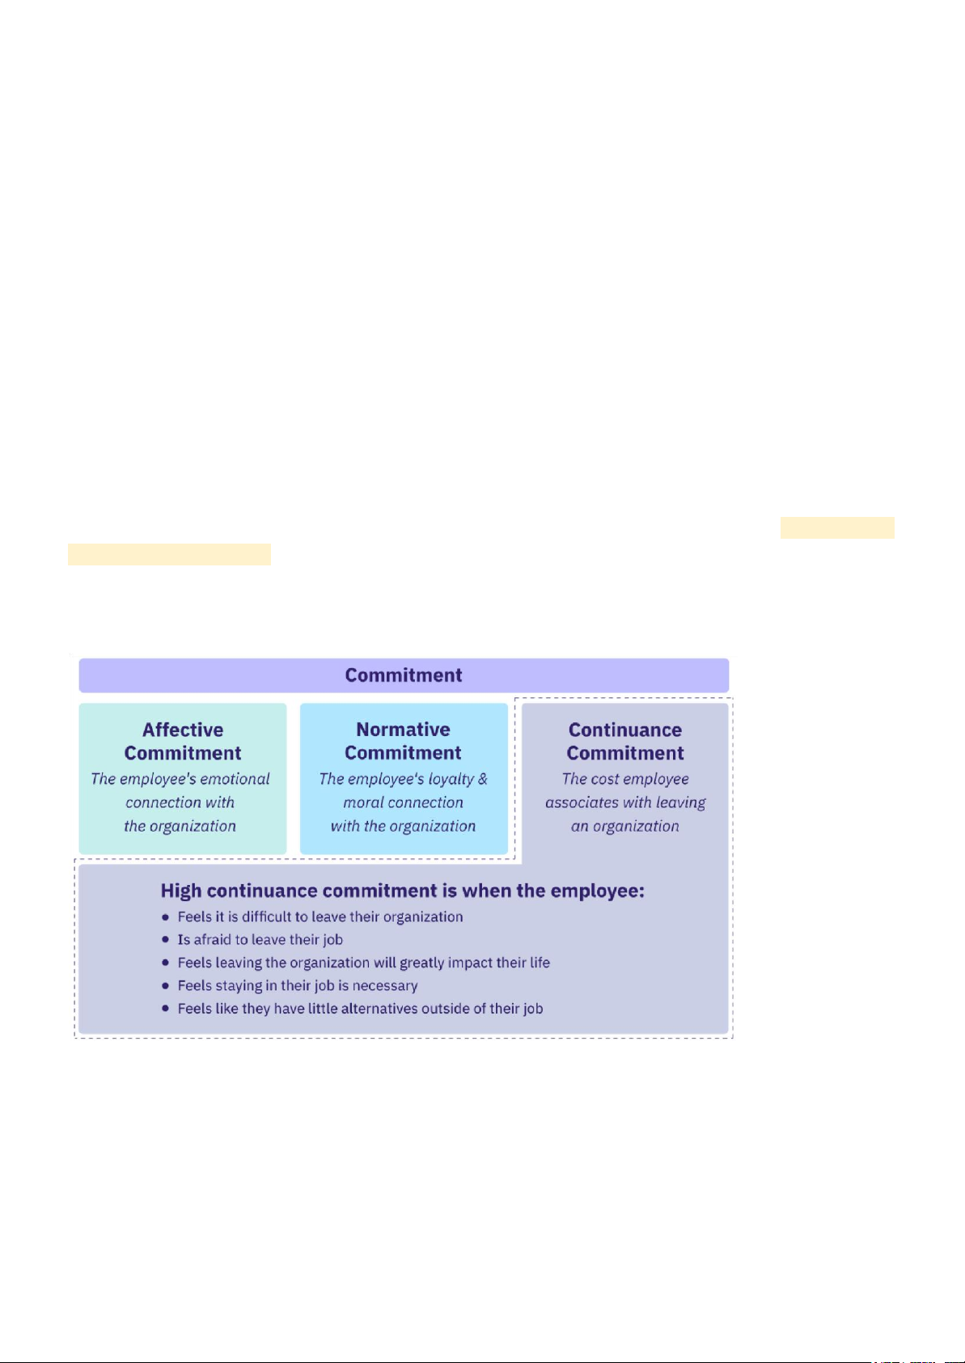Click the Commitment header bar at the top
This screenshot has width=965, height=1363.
point(403,675)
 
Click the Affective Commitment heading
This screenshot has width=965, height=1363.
point(183,741)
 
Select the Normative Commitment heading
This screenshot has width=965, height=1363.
point(403,741)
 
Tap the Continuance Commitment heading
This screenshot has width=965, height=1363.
point(625,741)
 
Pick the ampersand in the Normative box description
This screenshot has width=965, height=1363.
point(483,779)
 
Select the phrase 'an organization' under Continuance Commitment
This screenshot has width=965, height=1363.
point(625,826)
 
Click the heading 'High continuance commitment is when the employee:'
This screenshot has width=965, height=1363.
point(402,891)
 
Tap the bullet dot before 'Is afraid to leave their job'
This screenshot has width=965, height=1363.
point(166,940)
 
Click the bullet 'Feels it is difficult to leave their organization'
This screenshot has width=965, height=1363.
point(320,916)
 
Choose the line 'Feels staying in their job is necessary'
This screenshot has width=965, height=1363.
point(298,985)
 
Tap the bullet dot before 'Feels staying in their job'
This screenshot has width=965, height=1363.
point(166,986)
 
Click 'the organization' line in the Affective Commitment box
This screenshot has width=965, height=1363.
point(180,826)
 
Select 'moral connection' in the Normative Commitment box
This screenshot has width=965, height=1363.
point(403,802)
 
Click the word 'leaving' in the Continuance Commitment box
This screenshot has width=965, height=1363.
point(681,802)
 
